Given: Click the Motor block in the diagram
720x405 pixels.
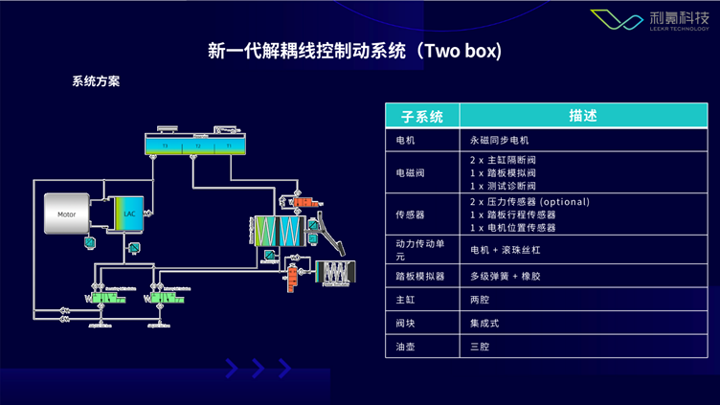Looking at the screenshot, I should (66, 215).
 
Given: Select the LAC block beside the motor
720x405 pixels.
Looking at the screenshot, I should (128, 214).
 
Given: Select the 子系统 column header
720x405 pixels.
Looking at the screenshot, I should (421, 116).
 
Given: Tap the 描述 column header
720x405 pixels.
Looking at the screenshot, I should (583, 116).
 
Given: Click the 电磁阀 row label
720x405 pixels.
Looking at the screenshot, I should (413, 172).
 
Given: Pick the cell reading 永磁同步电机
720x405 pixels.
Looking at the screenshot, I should (500, 140).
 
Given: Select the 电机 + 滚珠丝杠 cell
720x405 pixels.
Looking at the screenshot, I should (507, 250).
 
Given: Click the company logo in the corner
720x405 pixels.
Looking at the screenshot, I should (655, 22).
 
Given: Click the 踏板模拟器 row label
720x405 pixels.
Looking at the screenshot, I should (418, 276).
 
